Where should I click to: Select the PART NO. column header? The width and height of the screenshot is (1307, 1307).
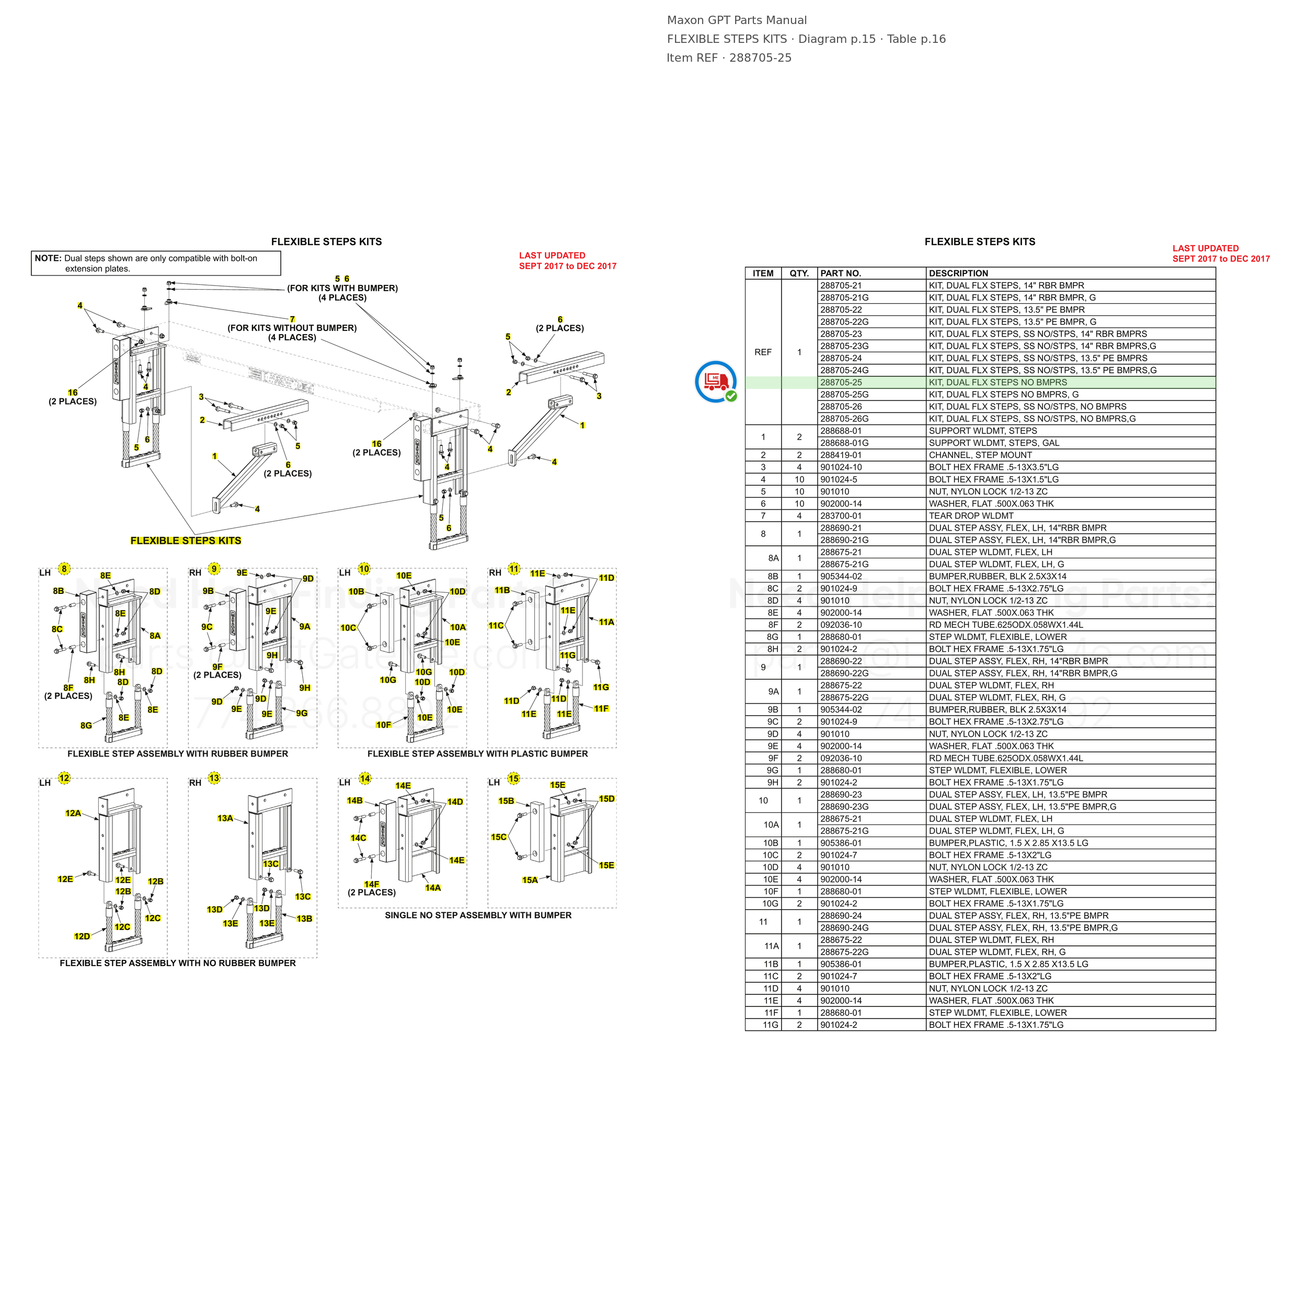point(840,273)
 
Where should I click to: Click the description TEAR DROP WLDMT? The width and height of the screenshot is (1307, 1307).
point(971,515)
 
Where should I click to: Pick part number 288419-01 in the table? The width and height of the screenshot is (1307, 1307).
point(841,455)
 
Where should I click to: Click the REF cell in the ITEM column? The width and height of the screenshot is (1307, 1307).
point(763,352)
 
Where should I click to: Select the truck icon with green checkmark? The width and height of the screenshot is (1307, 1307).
point(716,382)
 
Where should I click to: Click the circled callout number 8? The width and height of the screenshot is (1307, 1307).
point(64,569)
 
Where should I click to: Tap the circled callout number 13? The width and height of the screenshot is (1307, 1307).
point(214,778)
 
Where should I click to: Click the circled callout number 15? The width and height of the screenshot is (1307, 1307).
point(513,778)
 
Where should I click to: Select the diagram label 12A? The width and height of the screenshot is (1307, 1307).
point(73,813)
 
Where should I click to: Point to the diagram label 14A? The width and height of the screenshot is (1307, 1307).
point(433,888)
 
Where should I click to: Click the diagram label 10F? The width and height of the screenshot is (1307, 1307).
point(384,725)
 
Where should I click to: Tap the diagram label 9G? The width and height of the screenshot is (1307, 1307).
point(302,713)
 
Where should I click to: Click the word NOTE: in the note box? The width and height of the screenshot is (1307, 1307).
point(48,258)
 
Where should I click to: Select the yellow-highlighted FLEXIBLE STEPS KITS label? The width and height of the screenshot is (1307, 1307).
point(186,541)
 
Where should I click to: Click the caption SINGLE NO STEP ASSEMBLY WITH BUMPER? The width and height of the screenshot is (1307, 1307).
point(478,915)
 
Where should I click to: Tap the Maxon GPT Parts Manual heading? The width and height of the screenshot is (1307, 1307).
point(737,20)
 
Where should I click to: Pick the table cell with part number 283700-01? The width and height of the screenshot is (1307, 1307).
point(841,515)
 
